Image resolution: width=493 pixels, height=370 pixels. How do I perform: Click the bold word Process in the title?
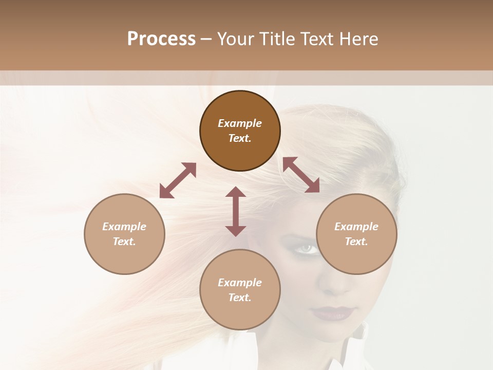[161, 39]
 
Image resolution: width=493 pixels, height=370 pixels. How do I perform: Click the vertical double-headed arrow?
[236, 212]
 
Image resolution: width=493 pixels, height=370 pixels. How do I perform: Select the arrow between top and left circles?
[178, 180]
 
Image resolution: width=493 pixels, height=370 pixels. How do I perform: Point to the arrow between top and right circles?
[301, 175]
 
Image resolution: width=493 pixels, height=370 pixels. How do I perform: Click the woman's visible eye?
[307, 249]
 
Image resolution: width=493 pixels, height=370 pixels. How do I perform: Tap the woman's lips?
[332, 312]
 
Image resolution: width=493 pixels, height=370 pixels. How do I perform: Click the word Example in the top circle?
[240, 123]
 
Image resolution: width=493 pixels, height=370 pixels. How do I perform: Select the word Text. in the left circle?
[124, 242]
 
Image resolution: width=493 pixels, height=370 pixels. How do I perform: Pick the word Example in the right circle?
[356, 227]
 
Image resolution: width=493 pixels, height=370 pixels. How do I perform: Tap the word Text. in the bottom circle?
[240, 298]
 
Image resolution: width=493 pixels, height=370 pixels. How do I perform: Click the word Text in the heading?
[318, 39]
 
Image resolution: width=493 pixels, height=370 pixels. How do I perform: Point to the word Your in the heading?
[234, 39]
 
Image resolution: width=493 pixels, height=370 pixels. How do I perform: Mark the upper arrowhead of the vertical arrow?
[236, 193]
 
